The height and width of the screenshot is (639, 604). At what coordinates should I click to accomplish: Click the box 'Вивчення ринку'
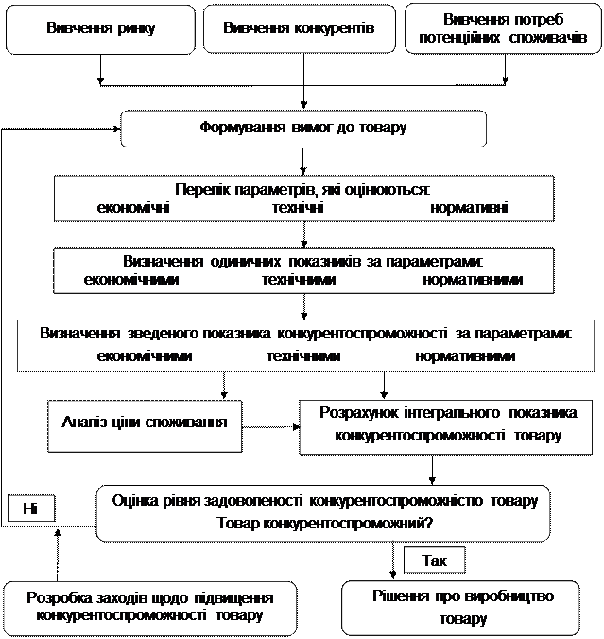pyautogui.click(x=100, y=28)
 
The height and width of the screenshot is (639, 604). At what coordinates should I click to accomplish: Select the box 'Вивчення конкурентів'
pyautogui.click(x=299, y=28)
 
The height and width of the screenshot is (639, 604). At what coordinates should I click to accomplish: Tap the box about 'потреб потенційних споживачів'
pyautogui.click(x=502, y=28)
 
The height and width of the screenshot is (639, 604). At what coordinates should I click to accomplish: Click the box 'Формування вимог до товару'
pyautogui.click(x=302, y=128)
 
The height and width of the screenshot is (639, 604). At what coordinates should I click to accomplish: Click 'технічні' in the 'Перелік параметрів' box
pyautogui.click(x=298, y=208)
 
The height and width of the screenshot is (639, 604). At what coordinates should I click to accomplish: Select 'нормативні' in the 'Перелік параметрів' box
pyautogui.click(x=470, y=208)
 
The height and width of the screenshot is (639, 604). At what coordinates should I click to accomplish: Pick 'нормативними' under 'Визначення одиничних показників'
pyautogui.click(x=473, y=281)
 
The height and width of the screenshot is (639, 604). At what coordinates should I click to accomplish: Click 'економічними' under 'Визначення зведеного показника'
pyautogui.click(x=145, y=356)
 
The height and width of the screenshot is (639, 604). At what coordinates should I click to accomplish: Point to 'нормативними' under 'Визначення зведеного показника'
pyautogui.click(x=465, y=356)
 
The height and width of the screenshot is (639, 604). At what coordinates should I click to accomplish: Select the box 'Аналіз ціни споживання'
pyautogui.click(x=144, y=422)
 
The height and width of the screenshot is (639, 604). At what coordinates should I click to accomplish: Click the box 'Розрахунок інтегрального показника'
pyautogui.click(x=448, y=424)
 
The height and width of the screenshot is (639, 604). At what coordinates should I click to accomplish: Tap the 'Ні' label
pyautogui.click(x=30, y=509)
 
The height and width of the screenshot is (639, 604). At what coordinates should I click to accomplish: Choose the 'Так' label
pyautogui.click(x=435, y=561)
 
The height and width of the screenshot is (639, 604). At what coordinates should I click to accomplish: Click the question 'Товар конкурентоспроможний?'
pyautogui.click(x=324, y=523)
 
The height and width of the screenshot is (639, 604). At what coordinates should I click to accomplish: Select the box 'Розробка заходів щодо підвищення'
pyautogui.click(x=150, y=607)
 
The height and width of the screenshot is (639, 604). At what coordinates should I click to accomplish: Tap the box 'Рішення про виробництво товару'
pyautogui.click(x=461, y=607)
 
